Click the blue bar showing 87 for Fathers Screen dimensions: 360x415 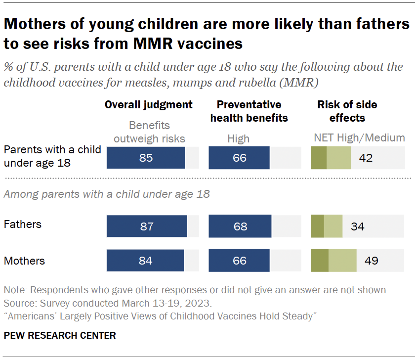pyautogui.click(x=147, y=226)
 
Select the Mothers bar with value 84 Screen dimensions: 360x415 pyautogui.click(x=145, y=261)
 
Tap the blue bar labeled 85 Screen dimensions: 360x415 pyautogui.click(x=146, y=158)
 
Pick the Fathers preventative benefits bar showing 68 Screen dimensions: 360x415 pyautogui.click(x=240, y=226)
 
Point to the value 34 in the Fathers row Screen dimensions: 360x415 pyautogui.click(x=357, y=226)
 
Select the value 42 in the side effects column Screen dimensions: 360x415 pyautogui.click(x=366, y=158)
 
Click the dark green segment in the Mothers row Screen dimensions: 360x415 pyautogui.click(x=320, y=261)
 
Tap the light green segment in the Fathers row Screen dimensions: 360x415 pyautogui.click(x=333, y=226)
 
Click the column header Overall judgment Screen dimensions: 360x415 pyautogui.click(x=148, y=105)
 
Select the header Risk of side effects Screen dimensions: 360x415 pyautogui.click(x=347, y=111)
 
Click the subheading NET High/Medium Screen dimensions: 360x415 pyautogui.click(x=359, y=138)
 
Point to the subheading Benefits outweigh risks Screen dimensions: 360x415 pyautogui.click(x=149, y=132)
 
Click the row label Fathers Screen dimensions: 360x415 pyautogui.click(x=23, y=225)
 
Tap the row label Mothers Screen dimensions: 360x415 pyautogui.click(x=24, y=261)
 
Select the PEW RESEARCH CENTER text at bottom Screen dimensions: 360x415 pyautogui.click(x=59, y=335)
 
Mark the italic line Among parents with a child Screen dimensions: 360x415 pyautogui.click(x=106, y=194)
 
